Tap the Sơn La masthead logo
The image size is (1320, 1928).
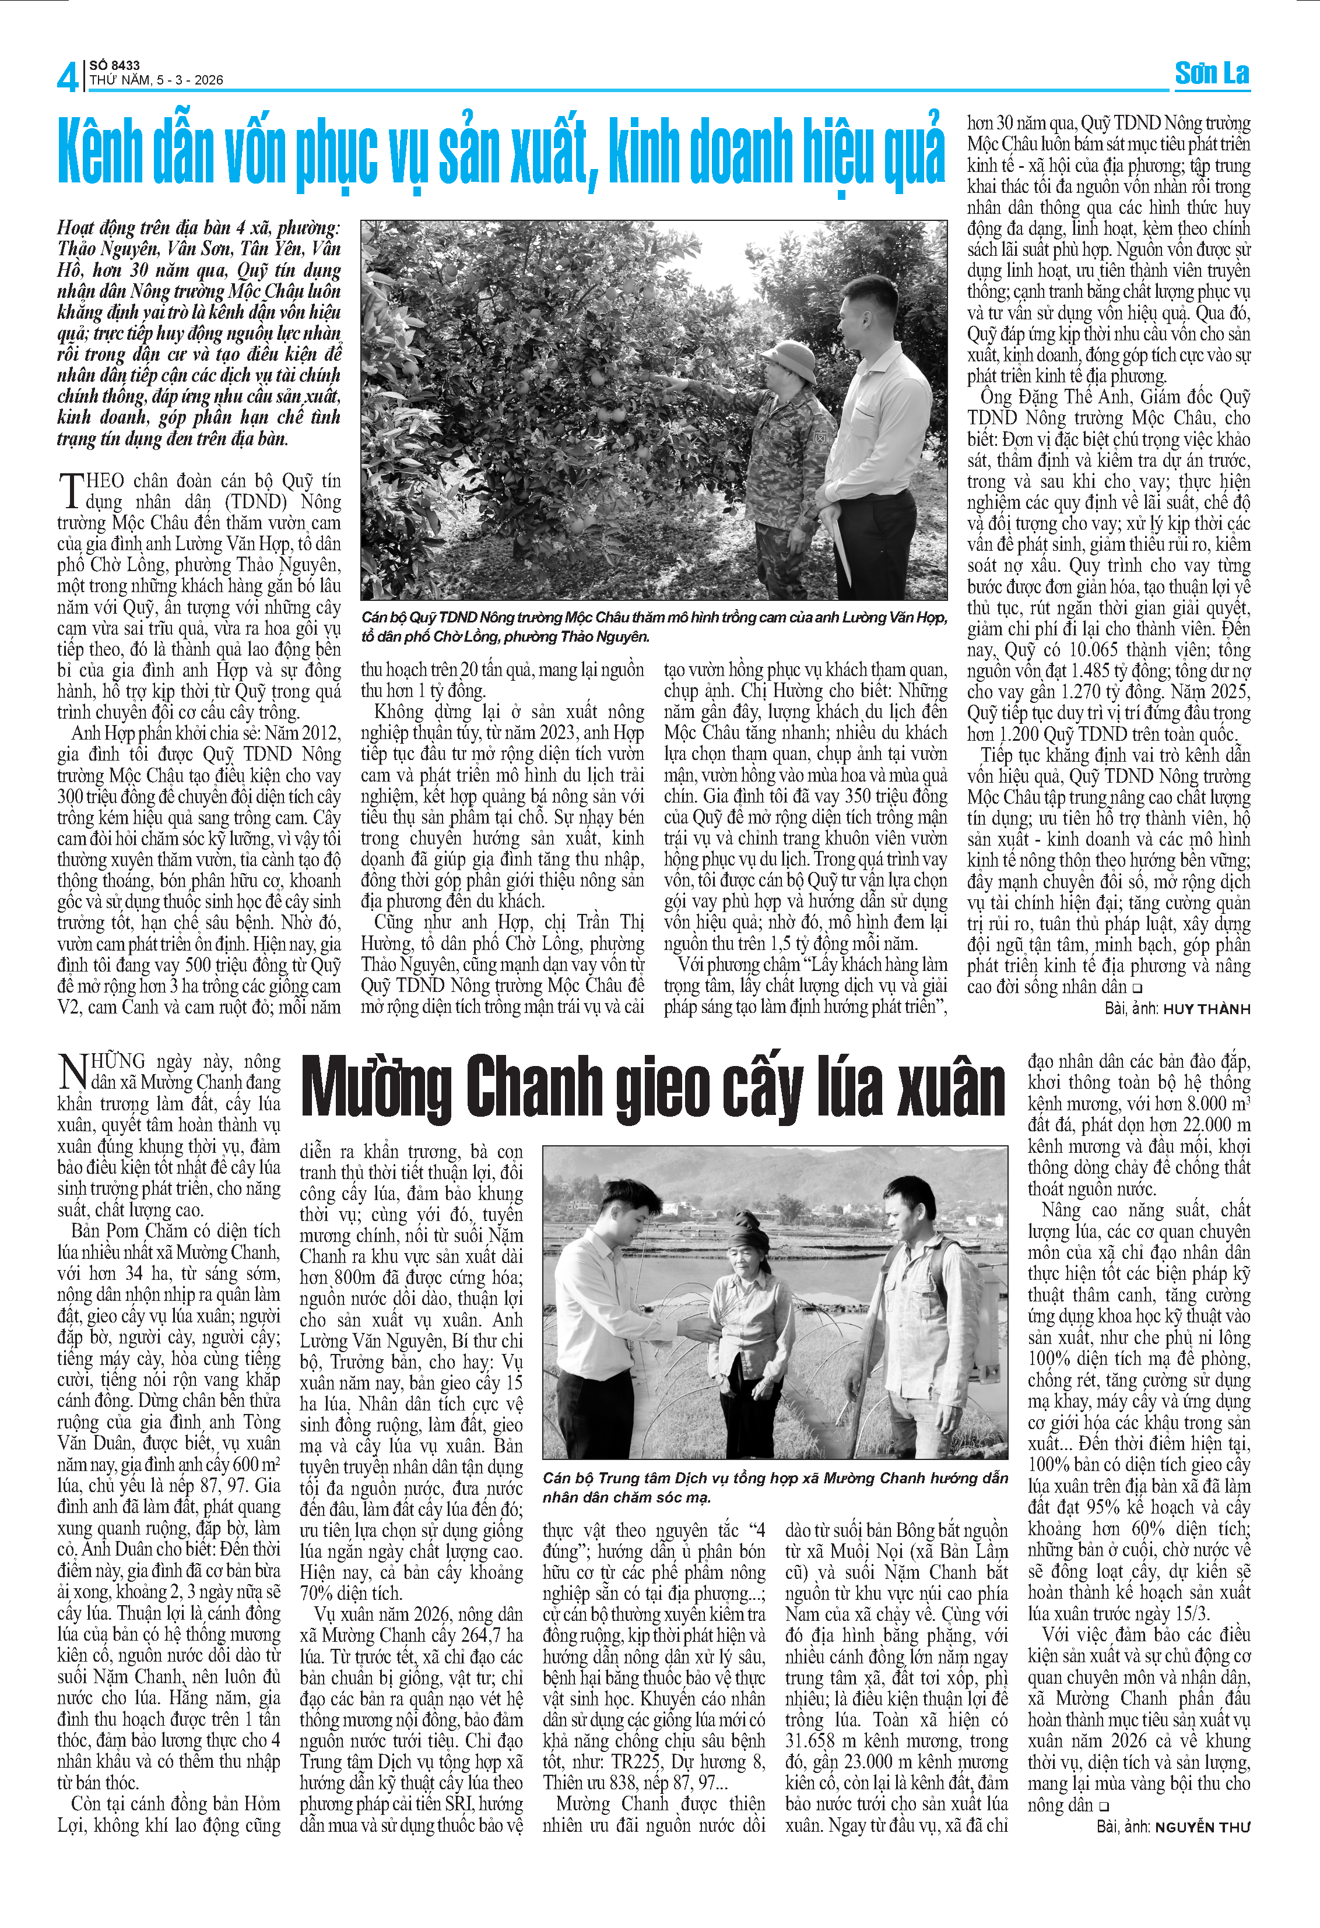(1212, 74)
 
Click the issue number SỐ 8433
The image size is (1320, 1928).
(114, 65)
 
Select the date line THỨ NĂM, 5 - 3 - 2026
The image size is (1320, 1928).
(156, 80)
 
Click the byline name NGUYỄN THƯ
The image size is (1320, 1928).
(1202, 1827)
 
